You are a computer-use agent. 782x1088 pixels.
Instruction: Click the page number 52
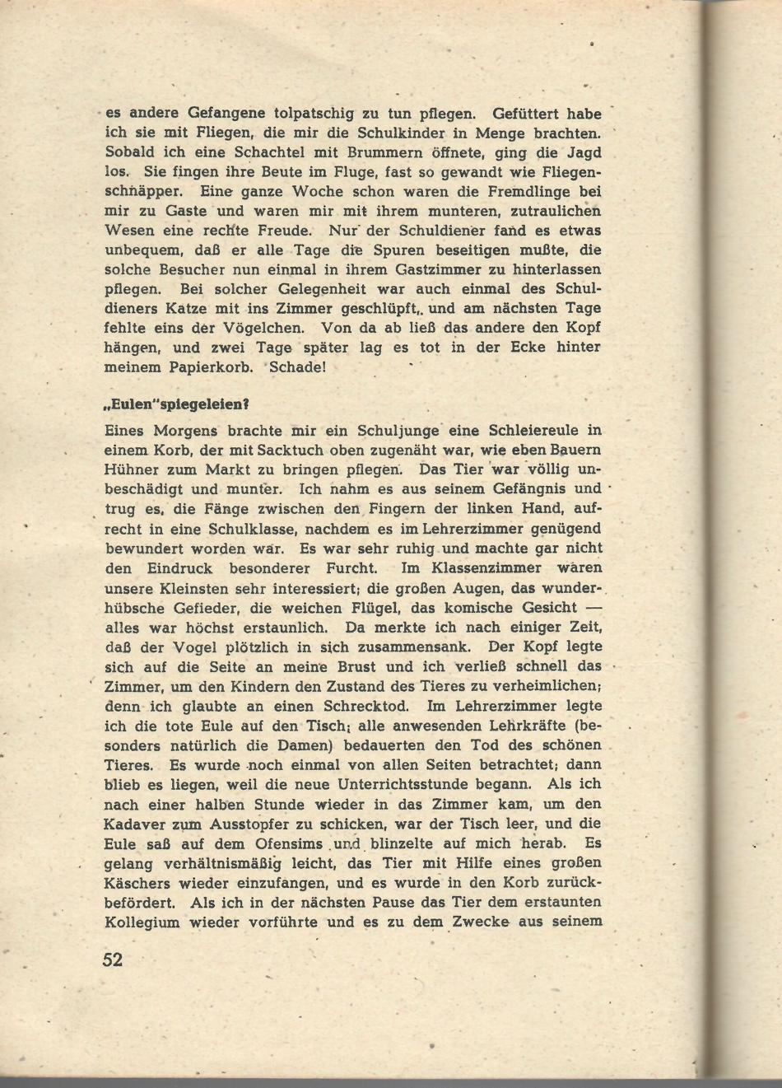pyautogui.click(x=114, y=960)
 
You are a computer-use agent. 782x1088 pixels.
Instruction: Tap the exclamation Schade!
pyautogui.click(x=298, y=367)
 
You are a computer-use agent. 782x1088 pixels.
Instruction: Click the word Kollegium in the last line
pyautogui.click(x=142, y=922)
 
